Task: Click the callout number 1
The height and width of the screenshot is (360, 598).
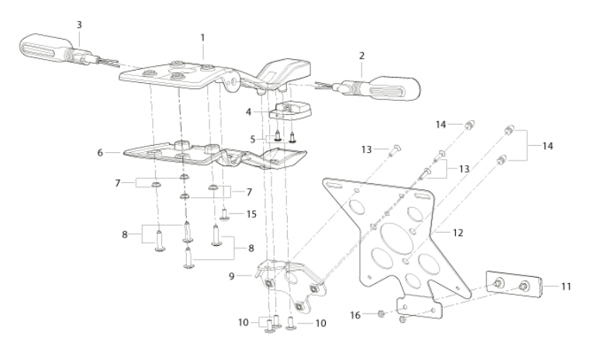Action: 202,37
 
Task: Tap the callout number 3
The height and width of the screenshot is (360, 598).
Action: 79,25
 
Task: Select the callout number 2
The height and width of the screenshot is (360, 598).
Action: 361,56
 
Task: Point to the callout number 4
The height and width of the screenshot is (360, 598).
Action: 249,112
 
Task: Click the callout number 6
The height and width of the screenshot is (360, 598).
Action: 100,153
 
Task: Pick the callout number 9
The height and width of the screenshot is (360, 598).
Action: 231,275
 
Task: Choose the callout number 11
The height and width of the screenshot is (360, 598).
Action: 566,286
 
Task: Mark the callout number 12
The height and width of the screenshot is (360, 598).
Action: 458,232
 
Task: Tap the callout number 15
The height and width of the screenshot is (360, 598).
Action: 251,214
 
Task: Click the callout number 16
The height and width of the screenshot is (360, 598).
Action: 355,315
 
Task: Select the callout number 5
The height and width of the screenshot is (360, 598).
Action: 253,140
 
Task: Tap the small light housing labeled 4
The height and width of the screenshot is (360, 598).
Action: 291,110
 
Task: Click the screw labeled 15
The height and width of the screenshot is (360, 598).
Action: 225,214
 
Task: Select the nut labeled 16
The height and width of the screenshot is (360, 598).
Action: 381,314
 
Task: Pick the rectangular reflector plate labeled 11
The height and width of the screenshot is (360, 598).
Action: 515,285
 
